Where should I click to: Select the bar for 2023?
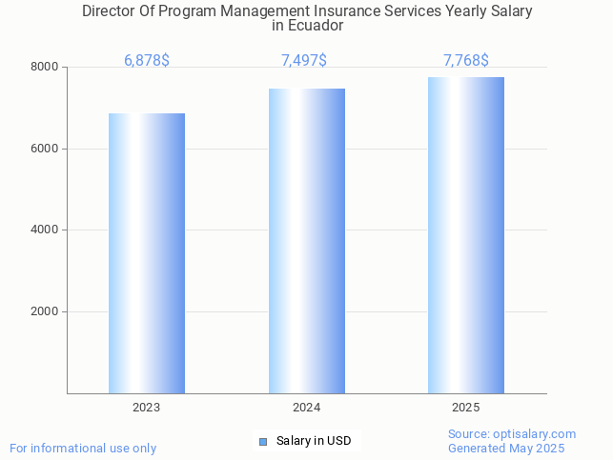click(146, 253)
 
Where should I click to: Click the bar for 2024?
click(306, 241)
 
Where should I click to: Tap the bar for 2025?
click(465, 235)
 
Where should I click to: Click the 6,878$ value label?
click(147, 61)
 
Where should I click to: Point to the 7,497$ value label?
click(304, 61)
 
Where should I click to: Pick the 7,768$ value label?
click(465, 61)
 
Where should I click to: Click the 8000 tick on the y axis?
click(45, 68)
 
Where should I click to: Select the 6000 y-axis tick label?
click(45, 149)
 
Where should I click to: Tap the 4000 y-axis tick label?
click(45, 230)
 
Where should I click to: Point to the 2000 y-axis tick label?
click(45, 312)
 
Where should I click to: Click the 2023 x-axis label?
click(146, 408)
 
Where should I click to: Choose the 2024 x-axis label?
click(306, 408)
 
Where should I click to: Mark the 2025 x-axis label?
click(465, 408)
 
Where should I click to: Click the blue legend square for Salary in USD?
click(264, 441)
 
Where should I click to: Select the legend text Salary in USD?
click(314, 441)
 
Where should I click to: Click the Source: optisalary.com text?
click(512, 433)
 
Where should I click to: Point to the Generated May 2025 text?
click(506, 449)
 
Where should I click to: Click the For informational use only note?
click(83, 449)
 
